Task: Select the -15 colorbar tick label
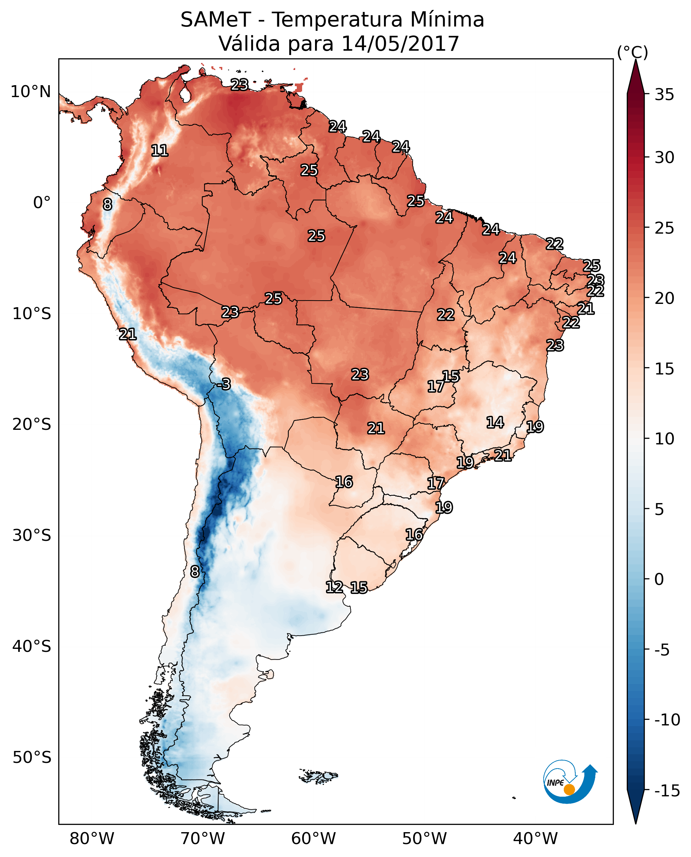667,791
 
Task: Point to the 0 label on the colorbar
659,579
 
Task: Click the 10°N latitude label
31,92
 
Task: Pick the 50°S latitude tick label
32,758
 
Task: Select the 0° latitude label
42,203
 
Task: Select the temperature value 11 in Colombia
160,150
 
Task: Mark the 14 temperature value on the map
495,422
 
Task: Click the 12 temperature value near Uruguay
334,587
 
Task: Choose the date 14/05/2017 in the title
400,43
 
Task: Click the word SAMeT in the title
216,20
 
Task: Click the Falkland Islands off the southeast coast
318,776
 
